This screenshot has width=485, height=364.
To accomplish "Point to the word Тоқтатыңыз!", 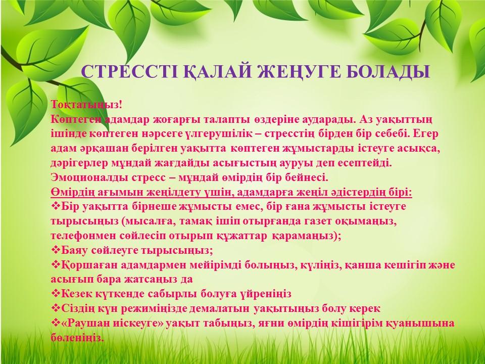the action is [x=87, y=105].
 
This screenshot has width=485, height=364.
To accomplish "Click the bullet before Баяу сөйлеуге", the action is [x=56, y=250].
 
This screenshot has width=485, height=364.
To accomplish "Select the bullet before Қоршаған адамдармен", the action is [x=56, y=264].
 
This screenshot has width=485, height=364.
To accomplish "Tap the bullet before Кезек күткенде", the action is [x=56, y=293].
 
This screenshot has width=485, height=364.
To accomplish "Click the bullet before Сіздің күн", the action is [x=56, y=308].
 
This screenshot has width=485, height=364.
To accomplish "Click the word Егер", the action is [x=425, y=134].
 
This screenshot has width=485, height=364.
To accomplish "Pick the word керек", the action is [x=365, y=308].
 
